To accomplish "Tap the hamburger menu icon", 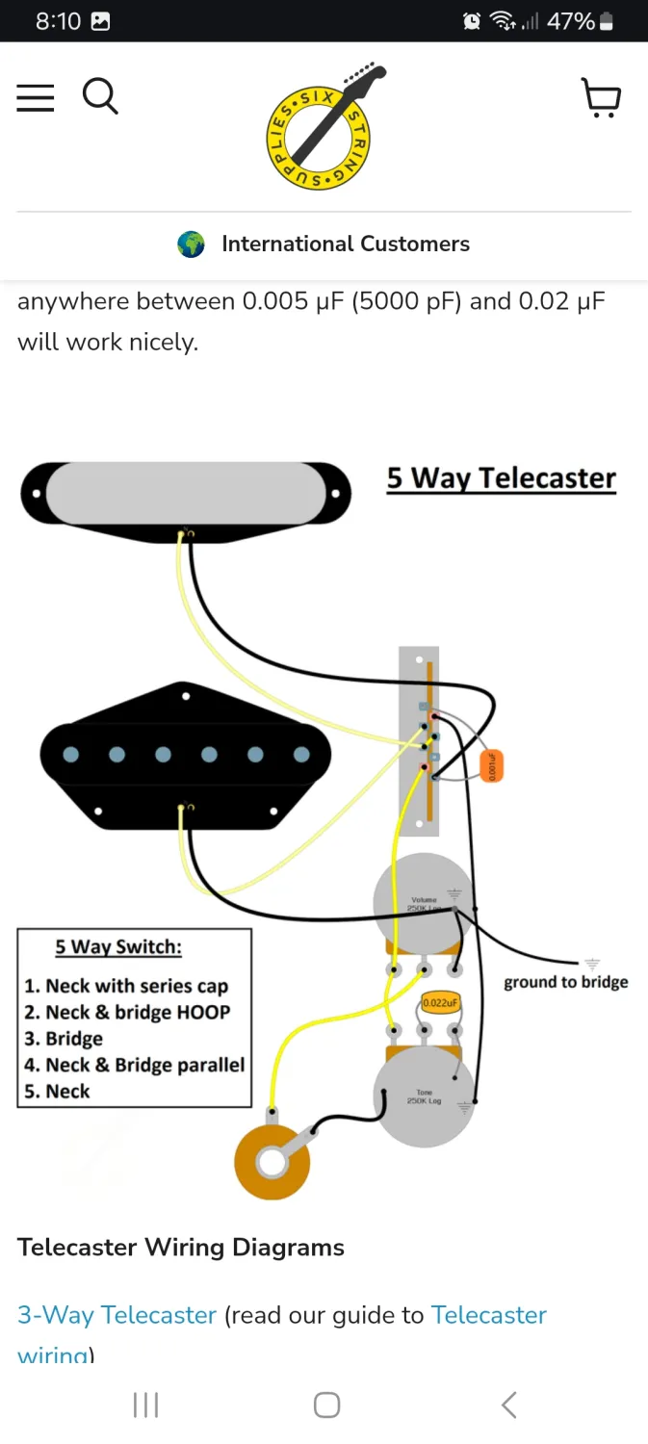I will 36,97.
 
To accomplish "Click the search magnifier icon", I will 99,96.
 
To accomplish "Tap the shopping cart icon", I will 602,98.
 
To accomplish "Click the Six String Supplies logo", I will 324,126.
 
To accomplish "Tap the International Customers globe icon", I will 192,245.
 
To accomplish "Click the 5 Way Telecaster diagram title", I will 501,478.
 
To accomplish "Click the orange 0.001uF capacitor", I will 491,766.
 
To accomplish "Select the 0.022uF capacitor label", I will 439,1003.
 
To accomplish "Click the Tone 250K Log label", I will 424,1096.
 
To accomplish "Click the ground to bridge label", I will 565,982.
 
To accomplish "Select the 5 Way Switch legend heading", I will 117,947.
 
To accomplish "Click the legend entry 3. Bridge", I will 64,1039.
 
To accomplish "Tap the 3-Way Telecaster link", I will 117,1315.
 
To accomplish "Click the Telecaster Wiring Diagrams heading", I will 181,1248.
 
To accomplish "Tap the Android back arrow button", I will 508,1405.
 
